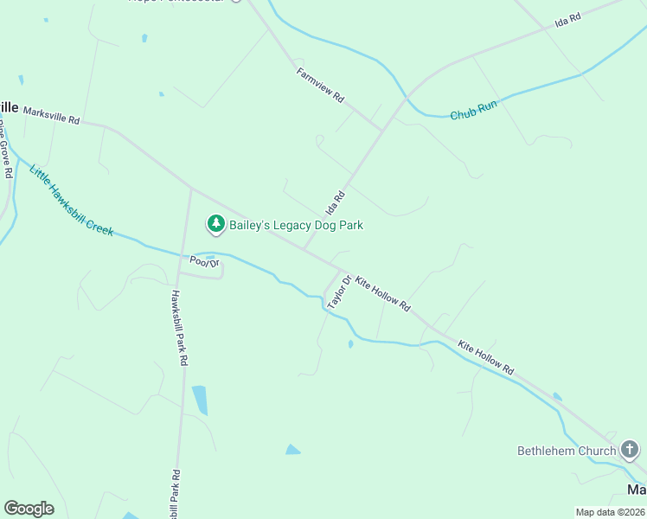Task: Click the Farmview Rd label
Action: (x=320, y=86)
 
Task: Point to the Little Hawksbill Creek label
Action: (x=71, y=200)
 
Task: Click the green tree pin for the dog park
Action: (x=215, y=224)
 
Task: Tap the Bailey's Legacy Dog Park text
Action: (x=296, y=225)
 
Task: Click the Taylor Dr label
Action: (x=338, y=292)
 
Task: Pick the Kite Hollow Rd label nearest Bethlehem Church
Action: (x=485, y=356)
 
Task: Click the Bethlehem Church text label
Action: (x=567, y=451)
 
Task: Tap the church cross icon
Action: (x=630, y=450)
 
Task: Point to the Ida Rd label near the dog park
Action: (x=335, y=203)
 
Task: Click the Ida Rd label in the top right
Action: (x=567, y=22)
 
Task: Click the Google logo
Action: (x=29, y=509)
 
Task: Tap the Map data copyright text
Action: (x=610, y=512)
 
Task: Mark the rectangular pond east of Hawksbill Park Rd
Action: (x=200, y=400)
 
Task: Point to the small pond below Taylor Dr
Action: (x=349, y=344)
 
